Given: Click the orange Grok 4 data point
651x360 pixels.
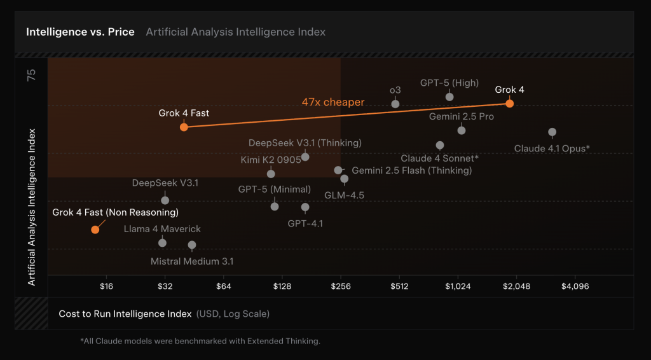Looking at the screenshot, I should click(509, 104).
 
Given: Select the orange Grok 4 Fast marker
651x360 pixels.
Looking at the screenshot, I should click(184, 127).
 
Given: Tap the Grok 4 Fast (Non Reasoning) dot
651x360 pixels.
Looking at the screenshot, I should click(95, 230).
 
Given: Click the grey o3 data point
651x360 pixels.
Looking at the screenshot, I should click(395, 104).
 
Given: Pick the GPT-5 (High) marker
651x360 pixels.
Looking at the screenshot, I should click(449, 97).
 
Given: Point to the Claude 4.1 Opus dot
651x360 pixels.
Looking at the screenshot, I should click(552, 132).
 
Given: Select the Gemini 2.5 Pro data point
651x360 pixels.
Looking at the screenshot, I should click(462, 130).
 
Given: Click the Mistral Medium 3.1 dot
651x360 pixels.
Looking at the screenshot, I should click(192, 245).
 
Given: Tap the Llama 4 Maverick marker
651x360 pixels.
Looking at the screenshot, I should click(162, 243).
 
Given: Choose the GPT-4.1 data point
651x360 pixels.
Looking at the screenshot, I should click(305, 207).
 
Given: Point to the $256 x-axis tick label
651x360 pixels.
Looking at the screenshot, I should click(341, 286).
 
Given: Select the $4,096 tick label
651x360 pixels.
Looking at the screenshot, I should click(575, 286).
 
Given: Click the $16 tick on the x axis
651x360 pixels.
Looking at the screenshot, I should click(107, 286).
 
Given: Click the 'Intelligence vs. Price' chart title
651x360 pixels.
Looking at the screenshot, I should click(80, 32).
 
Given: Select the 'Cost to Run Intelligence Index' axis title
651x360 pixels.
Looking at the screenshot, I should click(125, 314).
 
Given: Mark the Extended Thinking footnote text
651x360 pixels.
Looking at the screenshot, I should click(200, 342).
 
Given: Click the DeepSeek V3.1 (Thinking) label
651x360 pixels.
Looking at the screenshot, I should click(305, 143).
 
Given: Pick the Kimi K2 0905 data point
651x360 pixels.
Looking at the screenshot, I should click(271, 174).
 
